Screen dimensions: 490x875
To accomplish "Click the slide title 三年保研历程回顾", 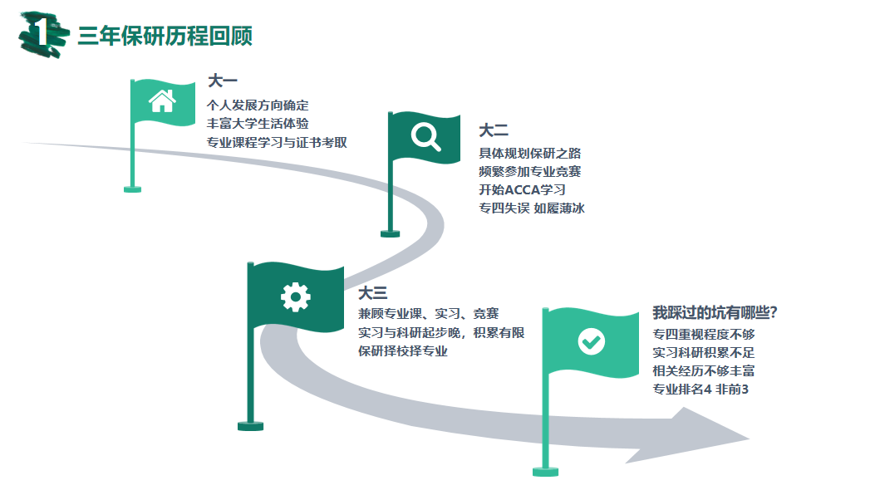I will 165,37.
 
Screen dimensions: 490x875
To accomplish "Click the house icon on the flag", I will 162,101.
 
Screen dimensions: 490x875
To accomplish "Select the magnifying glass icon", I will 426,136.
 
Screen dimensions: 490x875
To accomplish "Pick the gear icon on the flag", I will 296,296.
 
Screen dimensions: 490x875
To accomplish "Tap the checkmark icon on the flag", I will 592,341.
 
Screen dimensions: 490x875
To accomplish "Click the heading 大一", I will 222,81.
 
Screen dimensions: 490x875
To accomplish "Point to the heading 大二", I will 493,130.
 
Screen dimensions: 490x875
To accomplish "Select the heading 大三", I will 373,293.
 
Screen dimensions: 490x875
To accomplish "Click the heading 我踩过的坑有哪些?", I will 714,313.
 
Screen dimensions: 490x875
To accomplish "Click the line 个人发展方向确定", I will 258,105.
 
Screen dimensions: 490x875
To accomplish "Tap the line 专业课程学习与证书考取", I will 277,142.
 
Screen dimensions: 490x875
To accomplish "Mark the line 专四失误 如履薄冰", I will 532,208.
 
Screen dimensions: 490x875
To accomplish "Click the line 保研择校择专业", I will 403,351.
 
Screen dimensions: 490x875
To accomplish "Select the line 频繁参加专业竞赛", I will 530,172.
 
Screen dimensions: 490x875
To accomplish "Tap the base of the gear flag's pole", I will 250,426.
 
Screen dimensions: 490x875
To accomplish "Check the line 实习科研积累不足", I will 704,353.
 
